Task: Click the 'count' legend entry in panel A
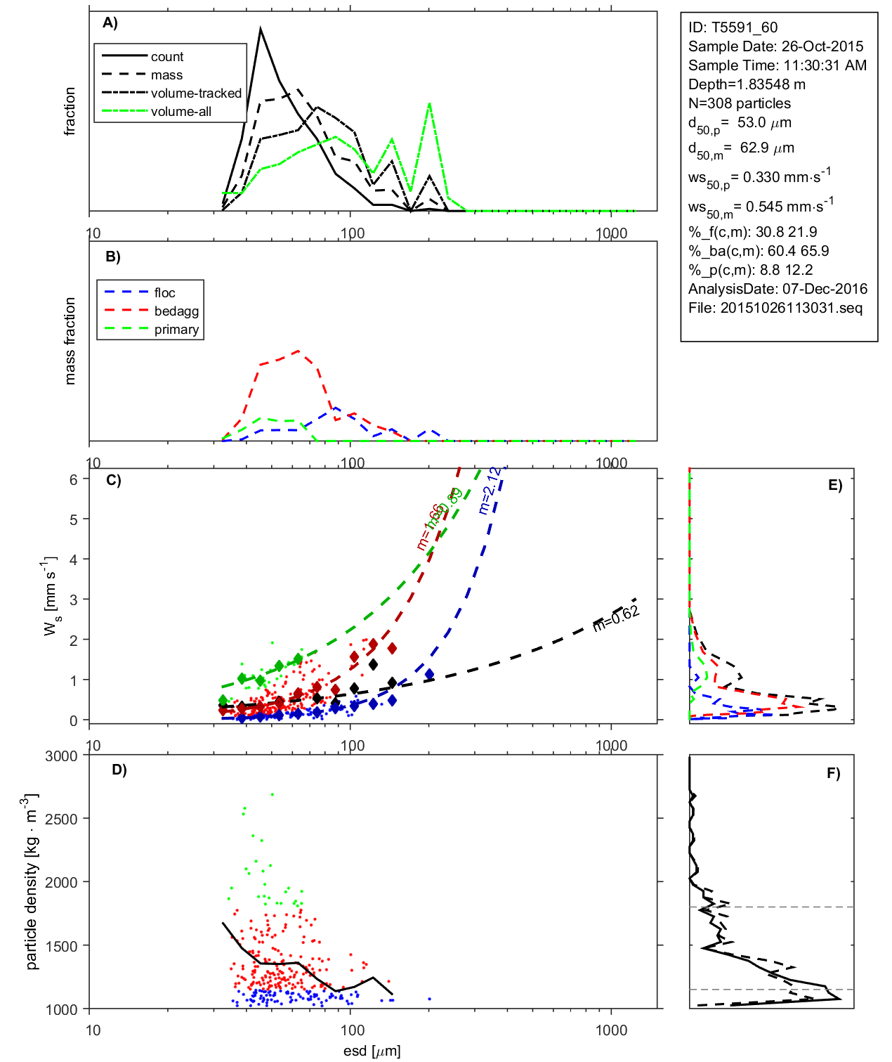click(166, 57)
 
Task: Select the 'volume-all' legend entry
click(181, 112)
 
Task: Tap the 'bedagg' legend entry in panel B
click(176, 311)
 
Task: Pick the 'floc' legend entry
click(164, 293)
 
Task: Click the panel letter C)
click(113, 481)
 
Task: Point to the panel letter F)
click(833, 774)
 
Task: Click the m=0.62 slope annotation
click(616, 618)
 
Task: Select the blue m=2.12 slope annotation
click(490, 490)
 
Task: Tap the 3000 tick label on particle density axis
click(61, 756)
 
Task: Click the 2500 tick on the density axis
click(61, 820)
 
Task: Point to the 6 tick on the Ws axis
click(73, 479)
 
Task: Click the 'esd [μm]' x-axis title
click(372, 1051)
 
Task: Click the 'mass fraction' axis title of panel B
click(70, 341)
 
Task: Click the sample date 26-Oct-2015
click(822, 47)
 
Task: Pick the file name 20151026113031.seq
click(791, 309)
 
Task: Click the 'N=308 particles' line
click(739, 104)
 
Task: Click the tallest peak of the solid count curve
click(261, 29)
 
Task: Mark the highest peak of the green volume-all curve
click(429, 104)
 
